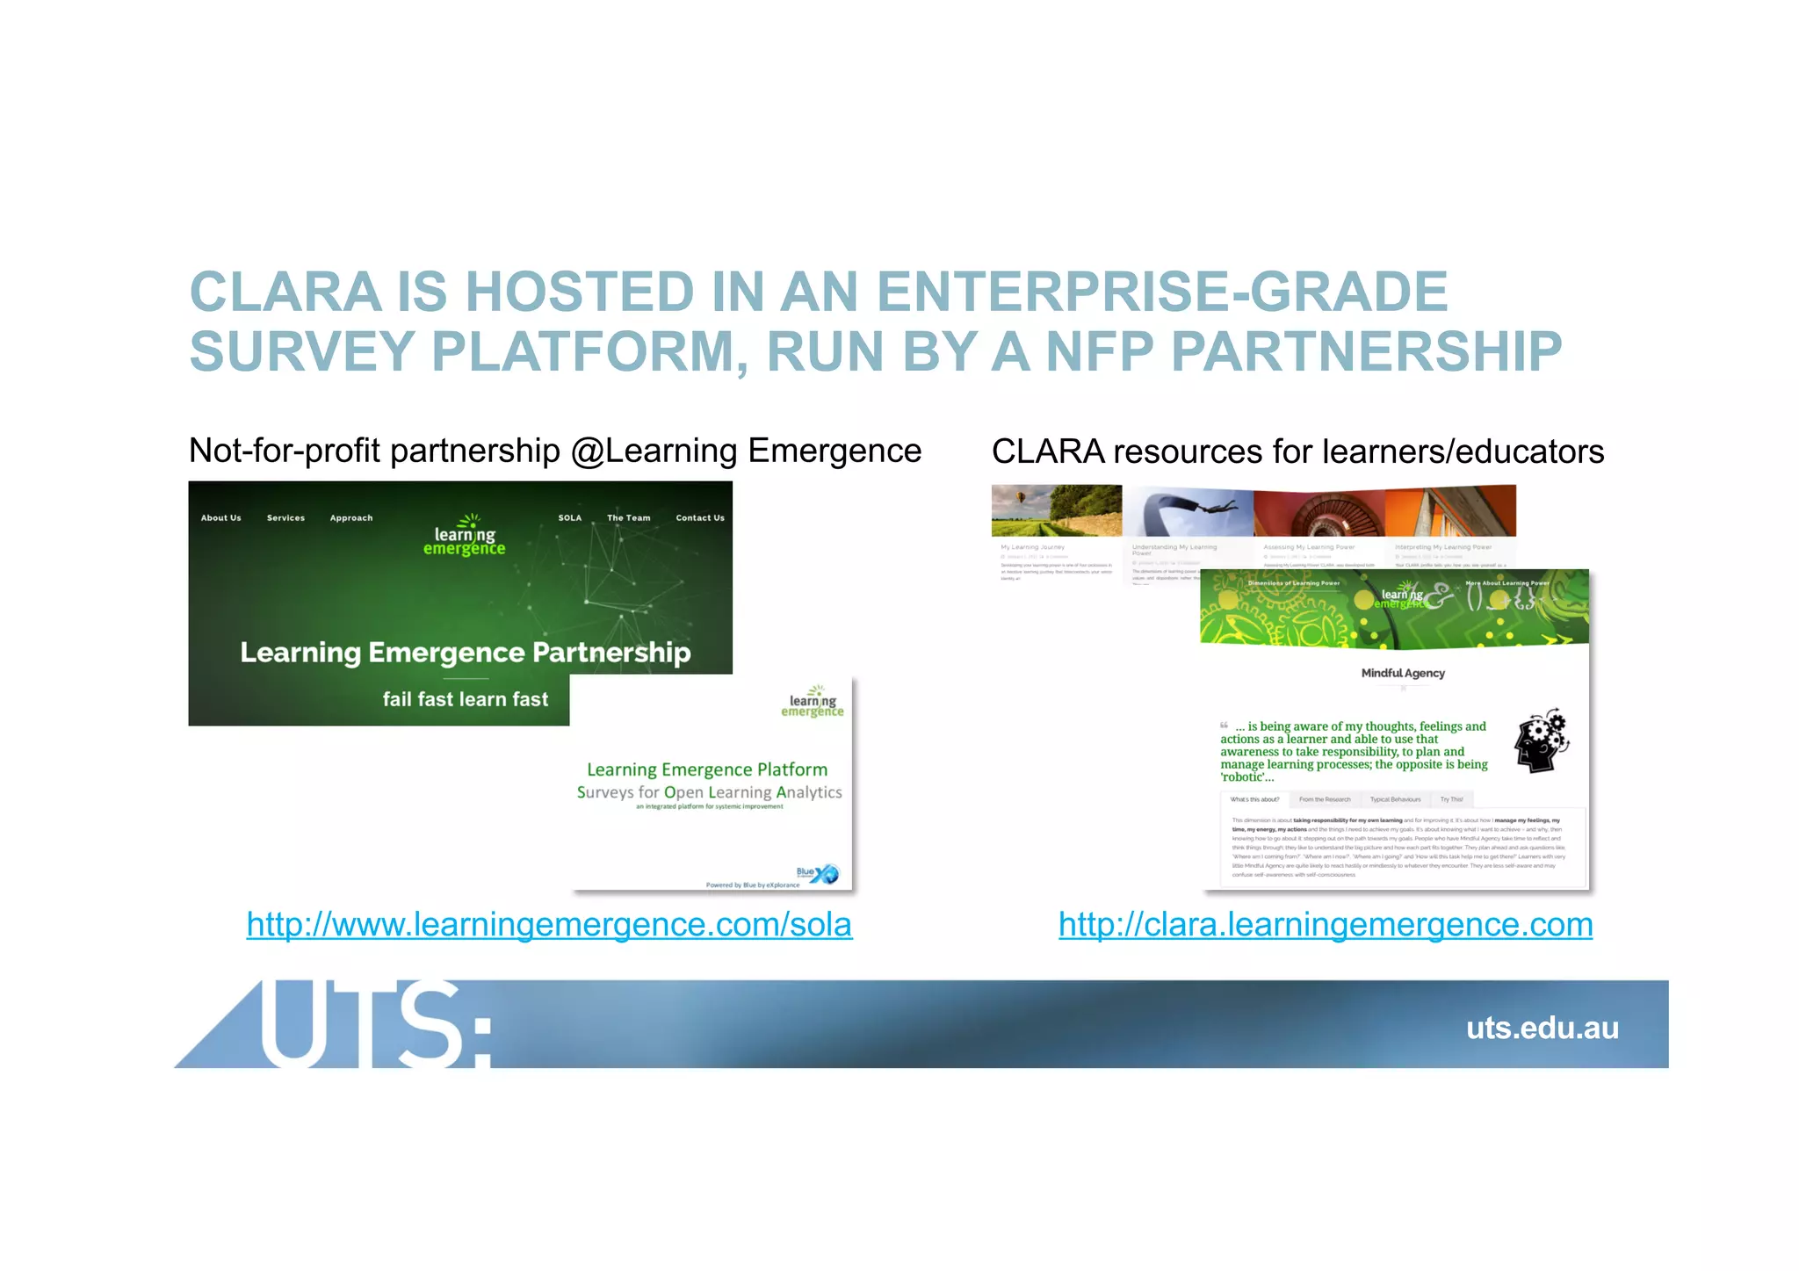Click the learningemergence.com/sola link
(549, 925)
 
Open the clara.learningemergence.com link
(1325, 925)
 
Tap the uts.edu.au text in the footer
(1542, 1028)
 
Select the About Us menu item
(220, 518)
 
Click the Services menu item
(285, 518)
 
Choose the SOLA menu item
(569, 518)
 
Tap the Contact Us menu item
(699, 518)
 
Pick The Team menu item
(628, 518)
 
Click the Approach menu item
(350, 518)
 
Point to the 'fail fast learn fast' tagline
(465, 699)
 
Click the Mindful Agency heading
(1402, 674)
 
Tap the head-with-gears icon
(1541, 740)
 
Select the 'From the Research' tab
(1324, 799)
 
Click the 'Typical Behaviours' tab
(1395, 799)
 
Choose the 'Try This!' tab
(1451, 799)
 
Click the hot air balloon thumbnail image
(1056, 510)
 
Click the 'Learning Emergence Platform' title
(707, 770)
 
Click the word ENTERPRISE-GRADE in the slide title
(1161, 292)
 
